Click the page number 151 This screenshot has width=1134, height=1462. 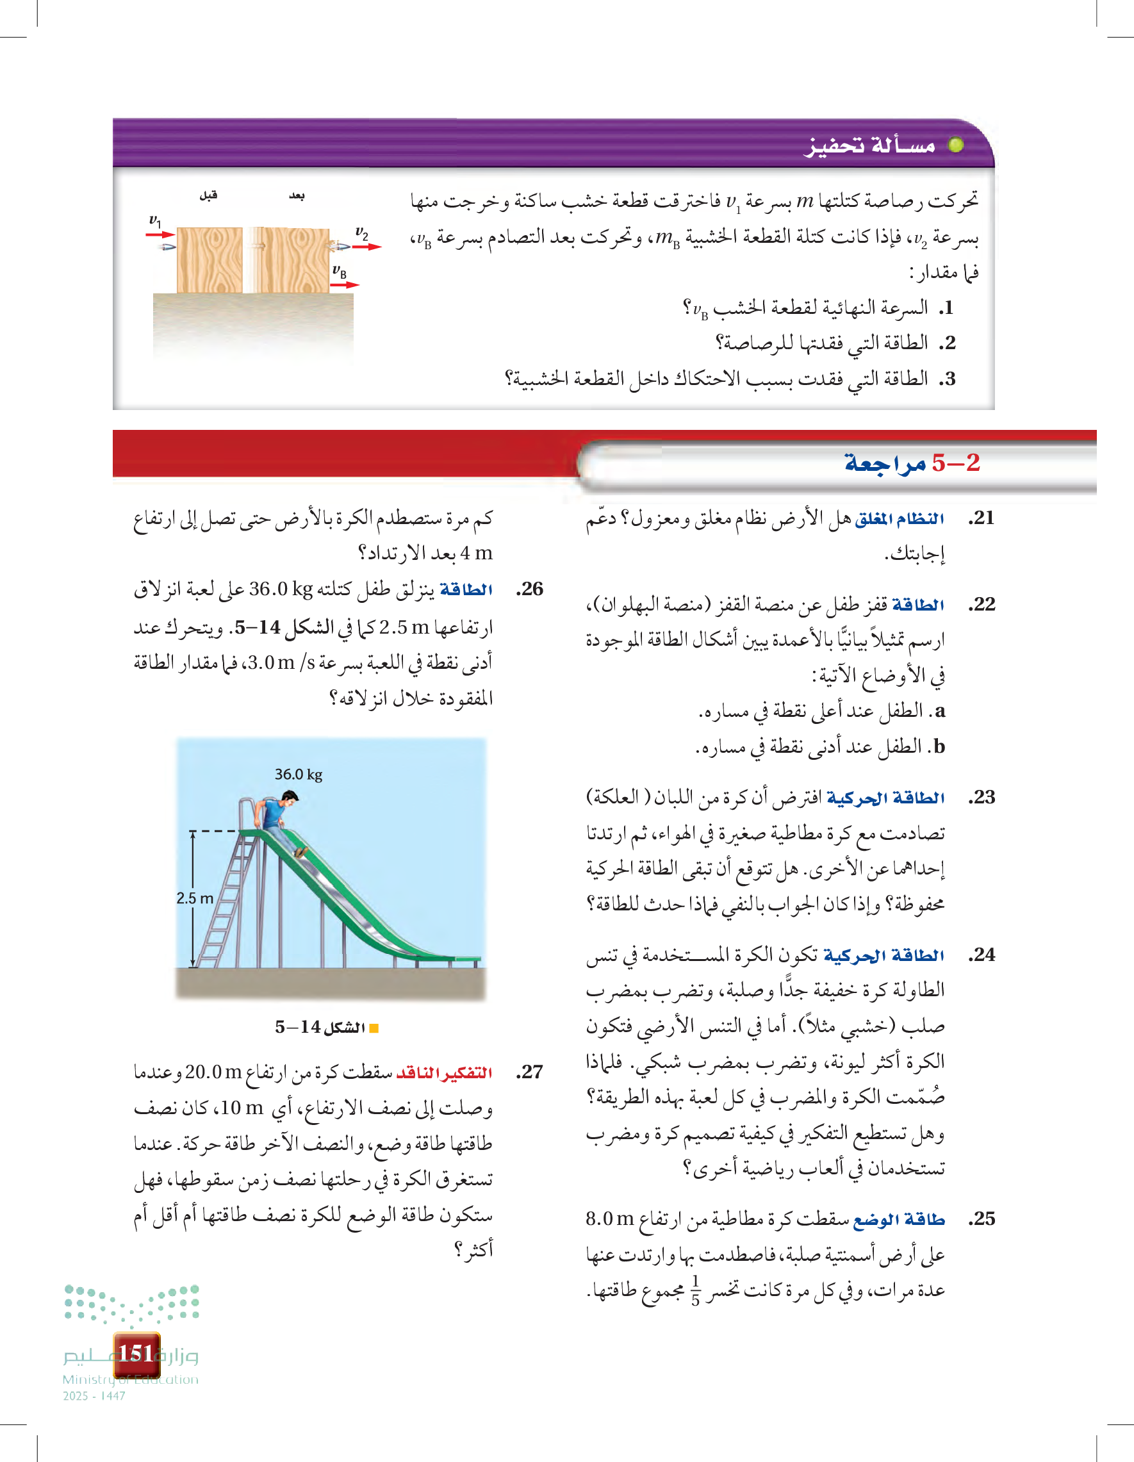click(x=136, y=1354)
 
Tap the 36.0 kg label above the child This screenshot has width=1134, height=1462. click(x=299, y=775)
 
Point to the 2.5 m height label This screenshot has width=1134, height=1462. click(x=195, y=898)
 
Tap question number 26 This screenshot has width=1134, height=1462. click(x=529, y=589)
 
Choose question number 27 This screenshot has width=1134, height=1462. click(x=529, y=1072)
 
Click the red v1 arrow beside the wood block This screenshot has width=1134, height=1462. click(x=160, y=234)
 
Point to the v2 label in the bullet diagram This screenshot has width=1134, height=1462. click(x=361, y=233)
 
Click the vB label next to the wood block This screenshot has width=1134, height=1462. click(x=340, y=271)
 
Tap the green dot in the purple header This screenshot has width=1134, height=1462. click(x=956, y=145)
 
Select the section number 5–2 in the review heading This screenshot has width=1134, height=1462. click(x=955, y=463)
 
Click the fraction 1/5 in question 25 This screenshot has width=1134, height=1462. click(x=695, y=1291)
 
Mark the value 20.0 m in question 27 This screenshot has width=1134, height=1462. click(x=213, y=1072)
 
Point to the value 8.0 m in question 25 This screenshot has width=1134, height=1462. click(x=609, y=1219)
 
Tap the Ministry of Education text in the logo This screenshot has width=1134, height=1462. click(x=131, y=1379)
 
